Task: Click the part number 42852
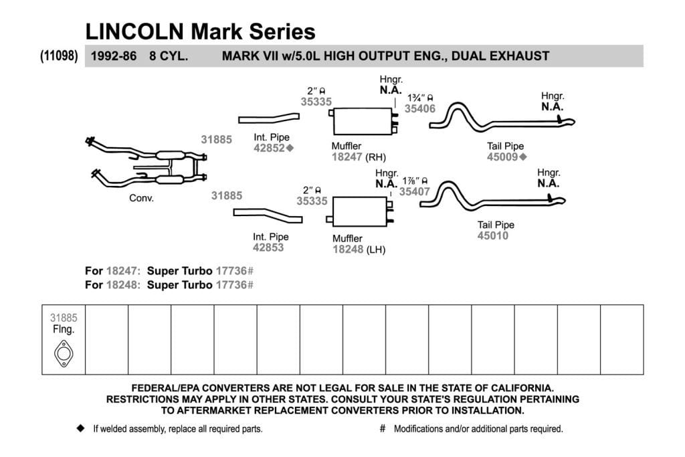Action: [269, 148]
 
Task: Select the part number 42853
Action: [268, 248]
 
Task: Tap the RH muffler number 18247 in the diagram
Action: [347, 157]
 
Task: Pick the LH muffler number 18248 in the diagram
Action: [348, 250]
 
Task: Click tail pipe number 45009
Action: [502, 157]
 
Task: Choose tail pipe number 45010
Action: [493, 236]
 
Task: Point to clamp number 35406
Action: [420, 109]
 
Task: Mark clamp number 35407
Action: [415, 191]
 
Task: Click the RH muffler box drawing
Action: [363, 121]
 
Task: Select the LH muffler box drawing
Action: [359, 212]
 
